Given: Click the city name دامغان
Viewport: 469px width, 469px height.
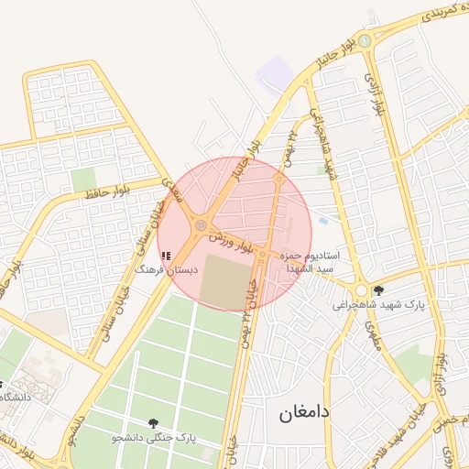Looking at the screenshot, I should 304,413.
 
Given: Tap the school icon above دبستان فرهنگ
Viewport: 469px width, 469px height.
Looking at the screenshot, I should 165,256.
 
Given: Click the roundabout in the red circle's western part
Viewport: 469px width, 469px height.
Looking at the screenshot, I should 201,224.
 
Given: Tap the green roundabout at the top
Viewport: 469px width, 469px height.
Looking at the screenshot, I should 365,40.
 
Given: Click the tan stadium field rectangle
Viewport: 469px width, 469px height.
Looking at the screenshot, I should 223,281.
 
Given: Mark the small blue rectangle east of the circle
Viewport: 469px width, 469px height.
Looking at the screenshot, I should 322,220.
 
